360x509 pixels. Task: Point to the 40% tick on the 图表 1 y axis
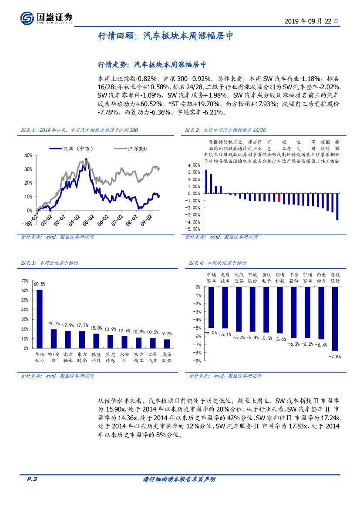[28, 155]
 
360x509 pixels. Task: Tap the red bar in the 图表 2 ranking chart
[279, 197]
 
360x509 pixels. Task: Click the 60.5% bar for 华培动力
[39, 319]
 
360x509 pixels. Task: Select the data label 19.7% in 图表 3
[54, 324]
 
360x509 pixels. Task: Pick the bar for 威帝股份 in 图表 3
[166, 344]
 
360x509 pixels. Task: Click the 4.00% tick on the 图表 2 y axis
[194, 165]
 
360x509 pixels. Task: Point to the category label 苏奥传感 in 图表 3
[111, 357]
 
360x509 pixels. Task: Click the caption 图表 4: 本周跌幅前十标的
[218, 263]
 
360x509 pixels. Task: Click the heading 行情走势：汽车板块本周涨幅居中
[151, 64]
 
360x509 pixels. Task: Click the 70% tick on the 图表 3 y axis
[25, 281]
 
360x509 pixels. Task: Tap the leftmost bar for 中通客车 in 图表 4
[212, 307]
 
